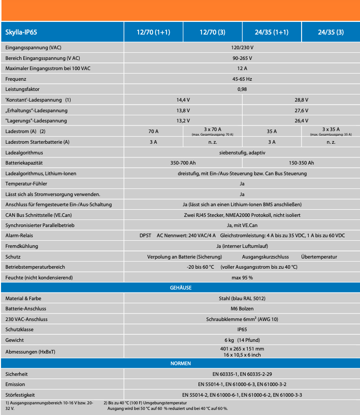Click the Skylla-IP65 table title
[21, 32]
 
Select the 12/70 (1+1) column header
[153, 32]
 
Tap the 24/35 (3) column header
[331, 32]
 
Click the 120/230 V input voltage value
[242, 47]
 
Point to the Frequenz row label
[16, 79]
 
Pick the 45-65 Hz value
[242, 79]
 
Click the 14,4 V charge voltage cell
[183, 100]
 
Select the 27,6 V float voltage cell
[301, 110]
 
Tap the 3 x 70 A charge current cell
[212, 130]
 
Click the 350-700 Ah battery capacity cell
[183, 163]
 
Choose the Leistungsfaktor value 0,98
[242, 89]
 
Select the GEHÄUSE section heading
[180, 288]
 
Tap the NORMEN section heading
[180, 363]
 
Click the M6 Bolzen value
[242, 308]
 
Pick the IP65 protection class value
[242, 329]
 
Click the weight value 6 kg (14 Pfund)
[242, 340]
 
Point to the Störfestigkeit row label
[20, 395]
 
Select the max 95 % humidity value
[242, 277]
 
